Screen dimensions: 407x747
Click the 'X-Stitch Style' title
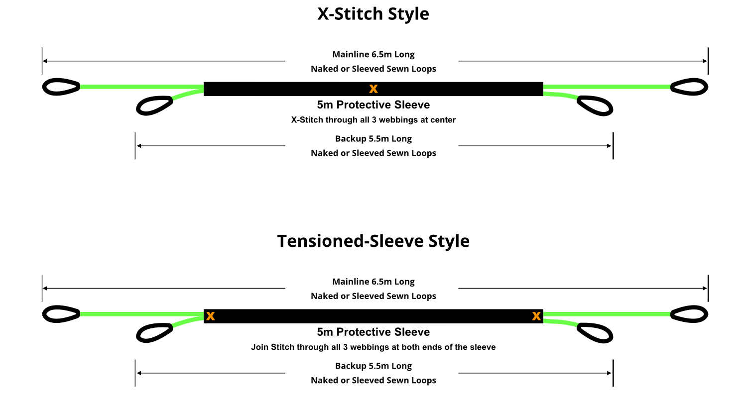click(373, 14)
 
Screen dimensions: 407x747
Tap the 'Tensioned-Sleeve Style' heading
click(373, 241)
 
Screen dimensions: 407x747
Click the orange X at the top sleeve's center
click(373, 89)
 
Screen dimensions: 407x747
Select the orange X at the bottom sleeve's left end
click(211, 316)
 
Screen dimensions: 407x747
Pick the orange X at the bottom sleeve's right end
click(536, 316)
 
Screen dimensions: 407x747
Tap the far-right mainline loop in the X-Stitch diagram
click(689, 87)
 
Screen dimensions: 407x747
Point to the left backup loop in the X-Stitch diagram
click(154, 105)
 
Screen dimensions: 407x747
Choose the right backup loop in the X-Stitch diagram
click(595, 105)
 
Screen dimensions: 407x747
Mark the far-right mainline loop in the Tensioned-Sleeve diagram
click(689, 314)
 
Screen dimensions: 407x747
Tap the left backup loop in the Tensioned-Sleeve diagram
click(154, 333)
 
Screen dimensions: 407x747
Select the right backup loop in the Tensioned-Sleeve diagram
click(595, 333)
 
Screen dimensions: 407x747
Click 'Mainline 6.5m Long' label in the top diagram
click(373, 54)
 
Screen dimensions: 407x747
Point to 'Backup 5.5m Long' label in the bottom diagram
click(373, 366)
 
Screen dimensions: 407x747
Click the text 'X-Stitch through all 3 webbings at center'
click(373, 120)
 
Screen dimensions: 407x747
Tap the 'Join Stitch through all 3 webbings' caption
click(373, 347)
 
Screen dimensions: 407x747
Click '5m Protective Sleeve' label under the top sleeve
click(373, 105)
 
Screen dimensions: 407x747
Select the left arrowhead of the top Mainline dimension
click(45, 61)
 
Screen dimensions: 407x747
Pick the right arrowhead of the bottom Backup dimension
click(609, 373)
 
